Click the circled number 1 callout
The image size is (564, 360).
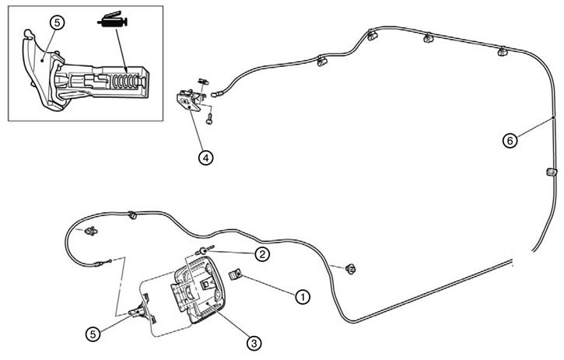[303, 297]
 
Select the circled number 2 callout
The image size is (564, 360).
[262, 254]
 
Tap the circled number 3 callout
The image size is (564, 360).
[254, 343]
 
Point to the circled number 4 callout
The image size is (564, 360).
[205, 158]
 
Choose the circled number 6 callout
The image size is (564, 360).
[510, 141]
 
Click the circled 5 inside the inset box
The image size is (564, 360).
[57, 23]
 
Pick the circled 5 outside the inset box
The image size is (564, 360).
[93, 334]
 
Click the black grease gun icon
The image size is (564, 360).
[113, 21]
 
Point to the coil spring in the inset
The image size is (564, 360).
[125, 82]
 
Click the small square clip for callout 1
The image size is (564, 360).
[235, 275]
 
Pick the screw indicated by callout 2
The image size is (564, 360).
[205, 250]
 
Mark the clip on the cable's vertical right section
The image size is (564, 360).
[552, 172]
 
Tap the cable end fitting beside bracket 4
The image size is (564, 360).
[217, 94]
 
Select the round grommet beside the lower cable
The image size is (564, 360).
[351, 268]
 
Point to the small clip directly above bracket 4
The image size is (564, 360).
[203, 82]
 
